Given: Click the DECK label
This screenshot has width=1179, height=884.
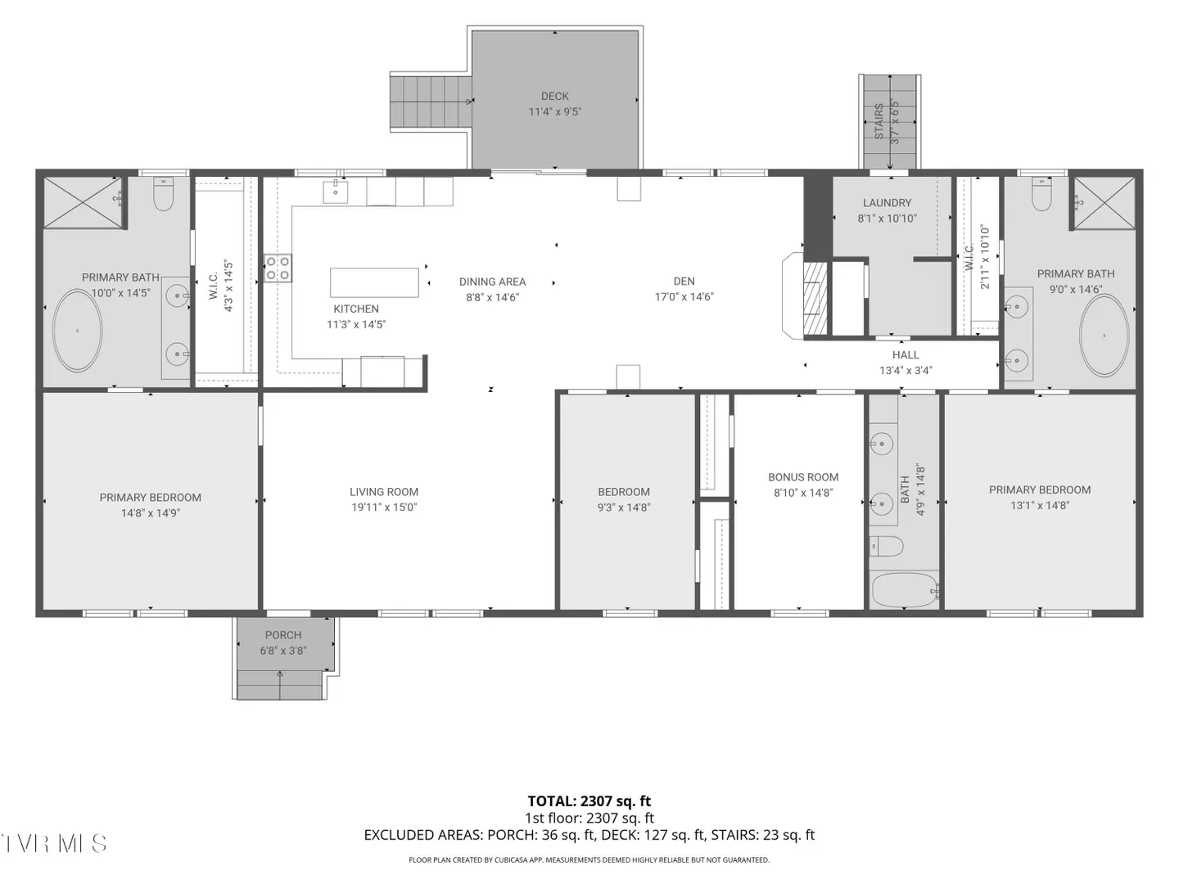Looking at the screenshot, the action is (x=554, y=96).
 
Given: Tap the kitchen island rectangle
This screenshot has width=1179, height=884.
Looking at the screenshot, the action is (x=374, y=282).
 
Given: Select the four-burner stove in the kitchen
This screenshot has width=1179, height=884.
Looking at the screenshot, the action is (x=278, y=268).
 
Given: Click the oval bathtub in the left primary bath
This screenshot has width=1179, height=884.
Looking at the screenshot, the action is (x=77, y=331).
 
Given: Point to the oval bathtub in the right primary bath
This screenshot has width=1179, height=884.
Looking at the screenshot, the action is (x=1104, y=336).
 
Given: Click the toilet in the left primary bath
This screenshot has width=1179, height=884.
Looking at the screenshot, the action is (x=163, y=194).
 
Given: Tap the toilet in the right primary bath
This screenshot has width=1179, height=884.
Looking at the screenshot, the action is (x=1041, y=194).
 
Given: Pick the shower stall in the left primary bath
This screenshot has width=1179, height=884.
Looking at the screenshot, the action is (x=84, y=202).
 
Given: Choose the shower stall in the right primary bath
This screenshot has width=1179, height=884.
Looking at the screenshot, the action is (x=1104, y=202).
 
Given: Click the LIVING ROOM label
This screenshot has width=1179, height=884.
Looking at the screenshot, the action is (x=383, y=492).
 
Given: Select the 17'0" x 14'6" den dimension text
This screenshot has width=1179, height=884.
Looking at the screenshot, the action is (x=684, y=297).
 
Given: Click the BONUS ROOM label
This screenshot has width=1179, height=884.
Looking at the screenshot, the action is (x=803, y=477).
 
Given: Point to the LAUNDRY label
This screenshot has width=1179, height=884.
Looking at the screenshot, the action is (x=887, y=203).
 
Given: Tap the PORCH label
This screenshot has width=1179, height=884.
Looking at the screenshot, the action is (x=283, y=635).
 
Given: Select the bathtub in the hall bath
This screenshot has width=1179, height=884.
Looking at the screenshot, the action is (x=904, y=589).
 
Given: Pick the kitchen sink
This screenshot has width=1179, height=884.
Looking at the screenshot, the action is (x=335, y=192).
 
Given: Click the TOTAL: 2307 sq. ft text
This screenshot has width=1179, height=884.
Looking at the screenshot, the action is (x=589, y=801).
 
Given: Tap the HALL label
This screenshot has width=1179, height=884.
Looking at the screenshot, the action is (x=906, y=354).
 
